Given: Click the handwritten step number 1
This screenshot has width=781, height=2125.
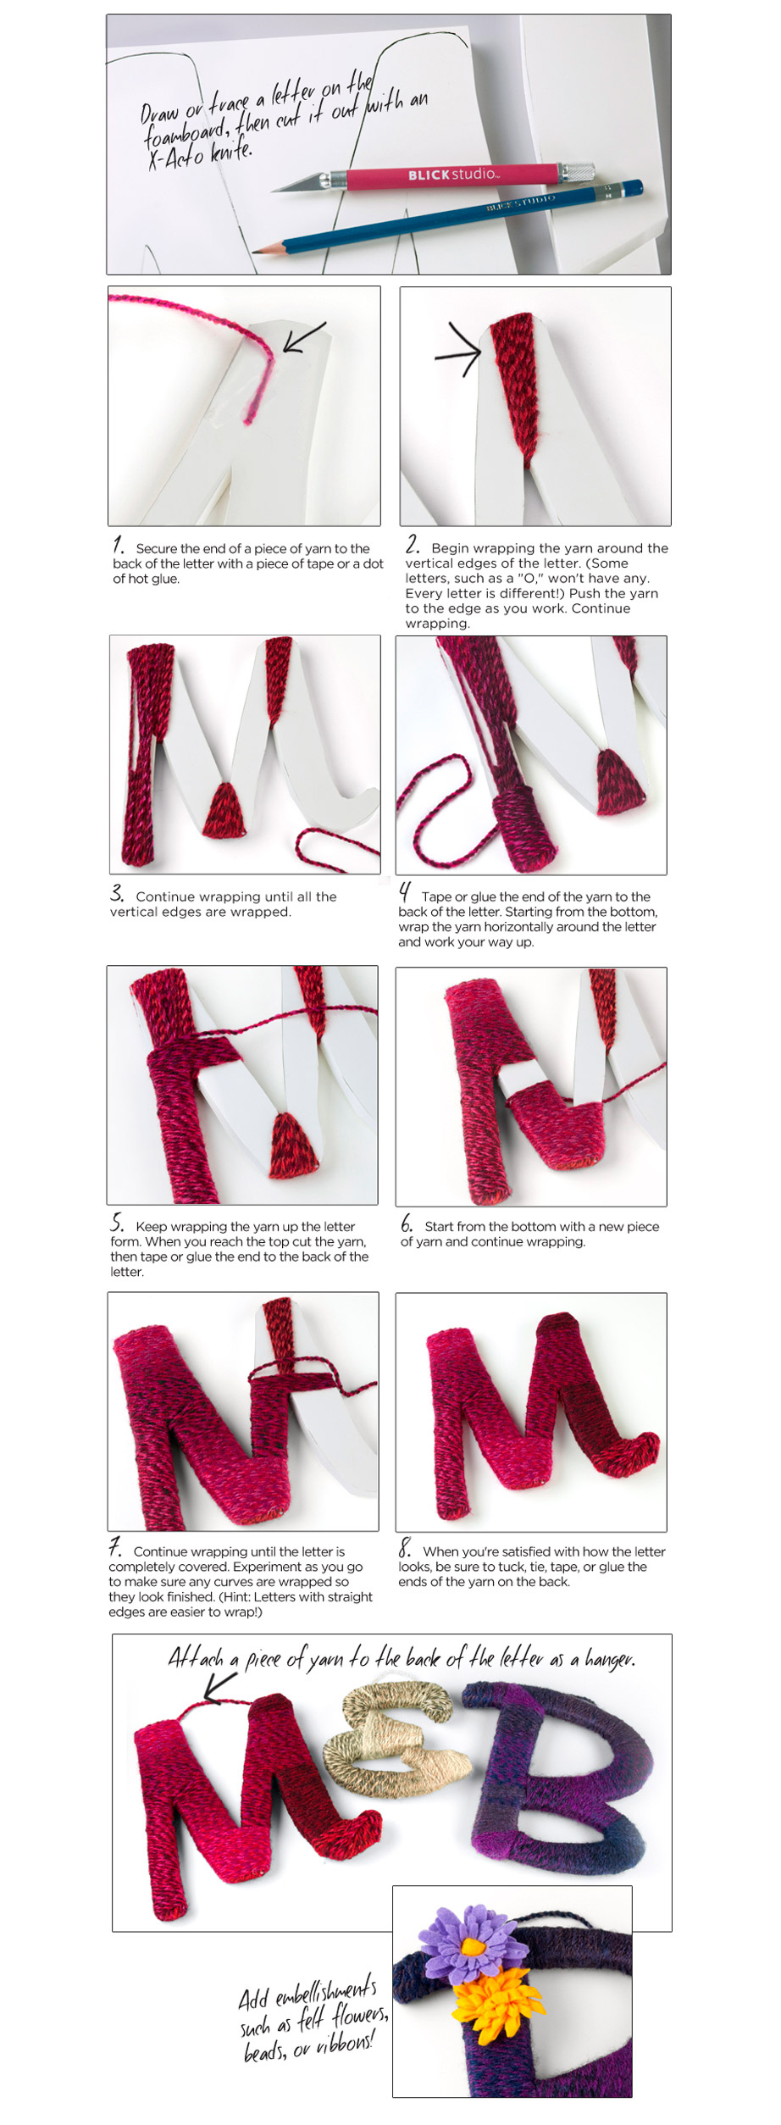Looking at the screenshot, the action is [119, 545].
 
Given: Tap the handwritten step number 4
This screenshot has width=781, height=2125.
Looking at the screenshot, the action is [405, 893].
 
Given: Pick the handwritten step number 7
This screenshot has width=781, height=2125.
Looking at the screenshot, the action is [115, 1547].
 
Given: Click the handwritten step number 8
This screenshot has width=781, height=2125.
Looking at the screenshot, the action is [405, 1548].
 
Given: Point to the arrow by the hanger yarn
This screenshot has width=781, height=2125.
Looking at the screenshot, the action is [221, 1687].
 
